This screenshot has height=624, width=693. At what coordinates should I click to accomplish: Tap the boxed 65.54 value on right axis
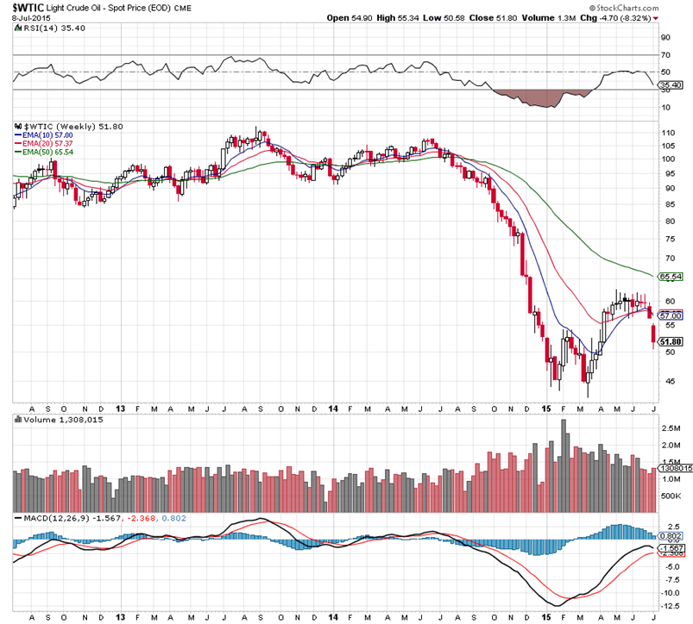(x=671, y=277)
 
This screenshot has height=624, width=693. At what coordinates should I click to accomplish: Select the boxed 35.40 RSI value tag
(x=671, y=85)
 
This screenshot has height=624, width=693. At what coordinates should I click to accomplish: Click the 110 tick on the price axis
(x=666, y=134)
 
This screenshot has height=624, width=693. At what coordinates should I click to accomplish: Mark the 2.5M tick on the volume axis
(x=670, y=427)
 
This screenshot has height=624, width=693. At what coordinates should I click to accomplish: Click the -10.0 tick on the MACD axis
(x=670, y=593)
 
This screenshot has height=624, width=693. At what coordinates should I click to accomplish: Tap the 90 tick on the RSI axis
(x=665, y=37)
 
